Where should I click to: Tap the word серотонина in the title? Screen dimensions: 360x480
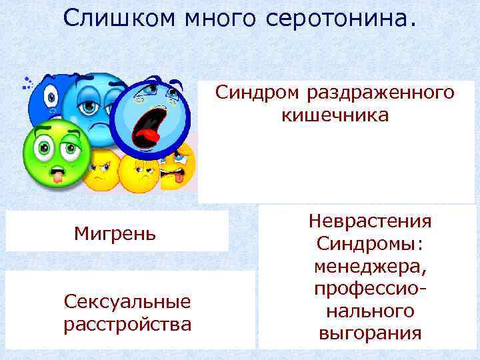(x=341, y=18)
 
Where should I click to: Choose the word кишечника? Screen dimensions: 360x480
(x=335, y=115)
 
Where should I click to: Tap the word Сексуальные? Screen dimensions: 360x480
(x=127, y=302)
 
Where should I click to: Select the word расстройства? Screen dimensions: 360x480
(x=127, y=325)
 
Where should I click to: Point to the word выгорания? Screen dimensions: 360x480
(x=370, y=333)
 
